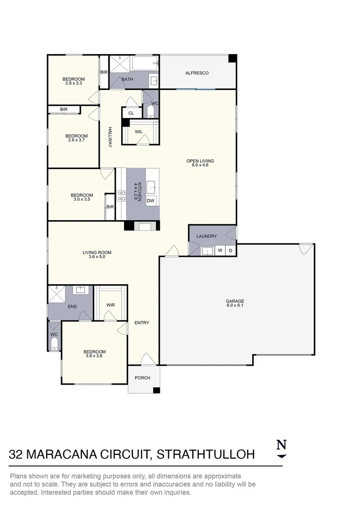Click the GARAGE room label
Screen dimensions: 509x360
pos(234,301)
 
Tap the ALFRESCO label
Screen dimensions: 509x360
pos(196,73)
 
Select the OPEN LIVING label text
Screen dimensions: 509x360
pos(200,161)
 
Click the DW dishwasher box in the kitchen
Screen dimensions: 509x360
pos(150,201)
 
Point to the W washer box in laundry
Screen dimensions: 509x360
pos(220,251)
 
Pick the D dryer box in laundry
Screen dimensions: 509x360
pos(230,251)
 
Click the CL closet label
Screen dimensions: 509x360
pos(131,113)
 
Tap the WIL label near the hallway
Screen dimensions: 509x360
pos(139,132)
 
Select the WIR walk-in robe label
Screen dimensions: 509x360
pos(110,305)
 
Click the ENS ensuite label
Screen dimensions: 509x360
pos(72,306)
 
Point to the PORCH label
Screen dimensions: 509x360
pos(142,378)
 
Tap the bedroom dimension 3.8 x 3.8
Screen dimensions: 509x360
pos(94,356)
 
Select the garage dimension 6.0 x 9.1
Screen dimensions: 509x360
pos(234,305)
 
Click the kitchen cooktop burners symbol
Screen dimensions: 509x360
pos(121,196)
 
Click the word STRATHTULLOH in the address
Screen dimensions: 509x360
pos(205,454)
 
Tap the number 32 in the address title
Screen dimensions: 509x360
pos(17,454)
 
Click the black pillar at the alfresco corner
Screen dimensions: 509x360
pos(232,58)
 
